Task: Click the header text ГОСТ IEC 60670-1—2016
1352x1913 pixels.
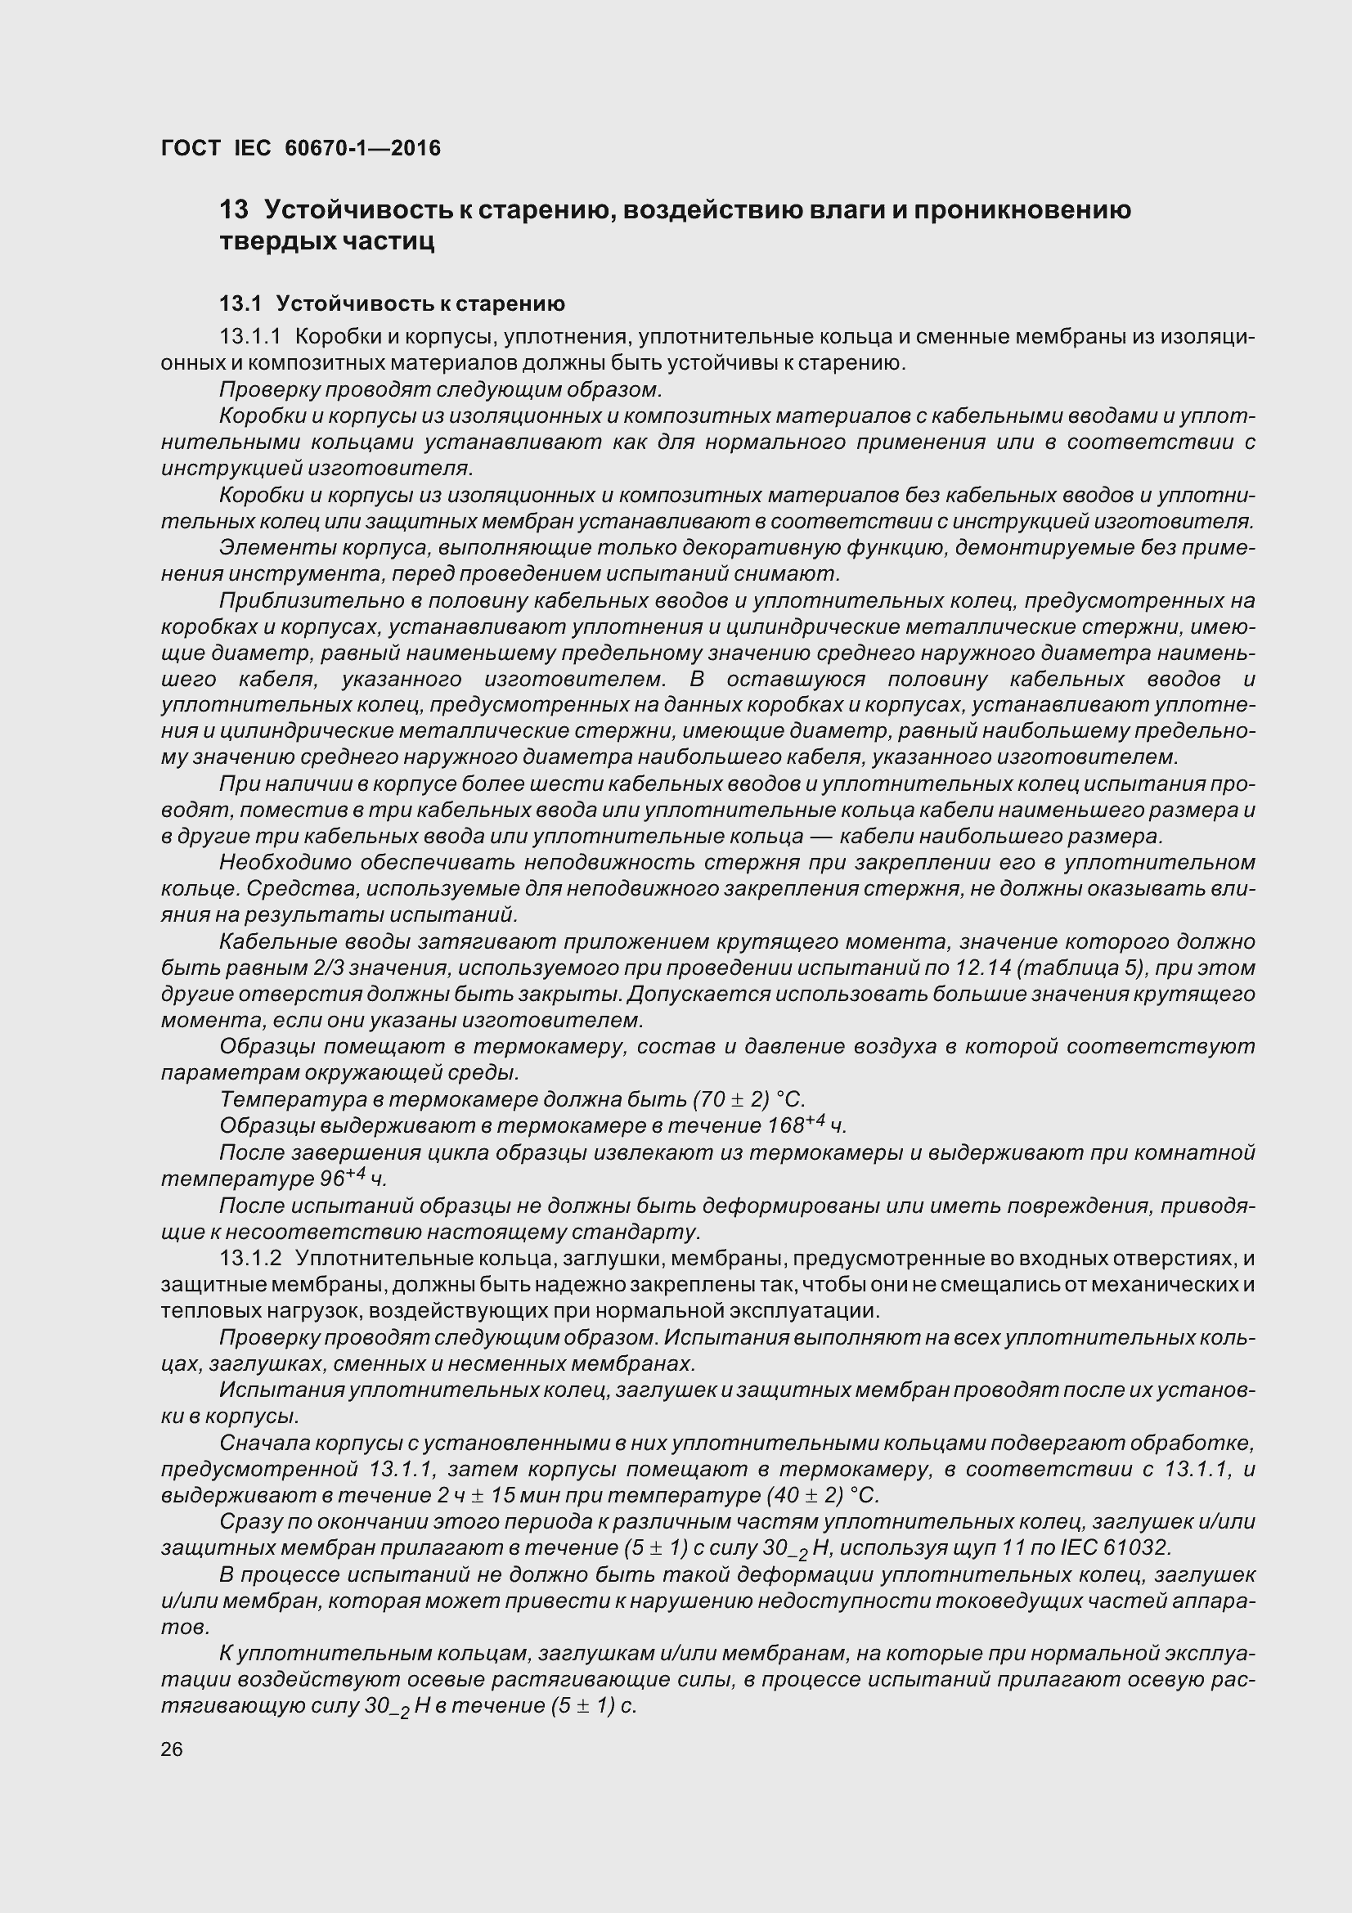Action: pos(301,148)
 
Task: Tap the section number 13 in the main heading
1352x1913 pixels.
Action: pos(234,210)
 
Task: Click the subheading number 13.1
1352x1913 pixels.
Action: pos(240,303)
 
